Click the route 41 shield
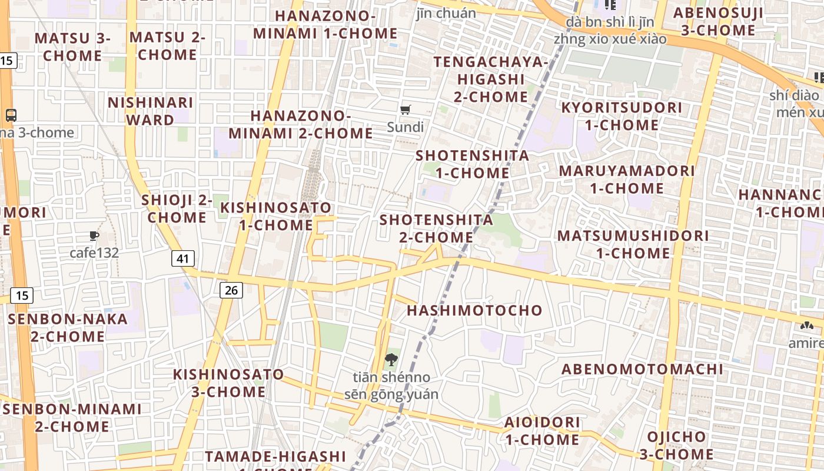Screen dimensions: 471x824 click(183, 258)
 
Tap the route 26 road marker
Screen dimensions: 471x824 click(232, 290)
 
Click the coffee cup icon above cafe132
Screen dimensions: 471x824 click(94, 236)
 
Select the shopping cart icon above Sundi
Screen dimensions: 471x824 click(405, 110)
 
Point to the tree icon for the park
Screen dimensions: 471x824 click(390, 359)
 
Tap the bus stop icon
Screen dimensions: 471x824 click(11, 115)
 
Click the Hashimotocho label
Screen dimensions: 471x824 click(474, 310)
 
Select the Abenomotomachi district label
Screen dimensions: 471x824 click(642, 369)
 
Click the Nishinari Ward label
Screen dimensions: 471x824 click(150, 111)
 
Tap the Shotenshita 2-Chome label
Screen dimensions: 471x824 click(436, 228)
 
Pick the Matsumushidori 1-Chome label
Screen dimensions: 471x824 click(633, 244)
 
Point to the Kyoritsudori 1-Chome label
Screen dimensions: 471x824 click(622, 116)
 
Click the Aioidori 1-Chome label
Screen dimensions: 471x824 click(542, 431)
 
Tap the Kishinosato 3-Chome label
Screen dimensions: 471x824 click(228, 383)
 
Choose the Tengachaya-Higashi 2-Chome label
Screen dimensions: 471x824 click(491, 79)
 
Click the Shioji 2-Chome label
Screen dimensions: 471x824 click(177, 208)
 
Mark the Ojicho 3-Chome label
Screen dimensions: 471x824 click(676, 445)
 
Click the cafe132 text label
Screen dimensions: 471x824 click(94, 253)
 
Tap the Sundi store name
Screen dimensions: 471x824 click(405, 127)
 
